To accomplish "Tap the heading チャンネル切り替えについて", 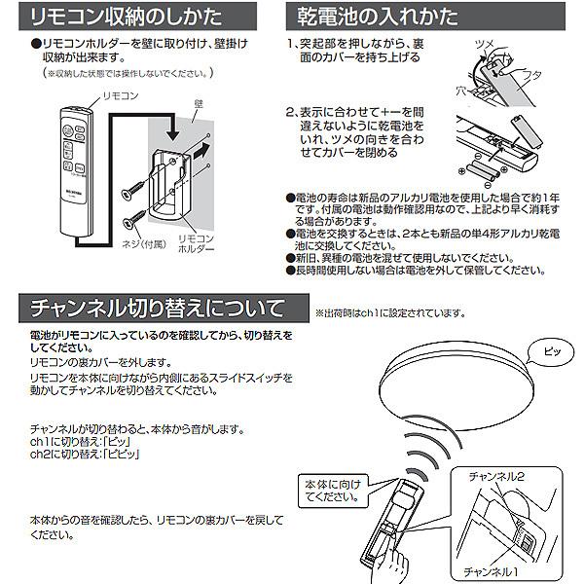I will pos(156,310).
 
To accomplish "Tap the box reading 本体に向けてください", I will pos(324,490).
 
